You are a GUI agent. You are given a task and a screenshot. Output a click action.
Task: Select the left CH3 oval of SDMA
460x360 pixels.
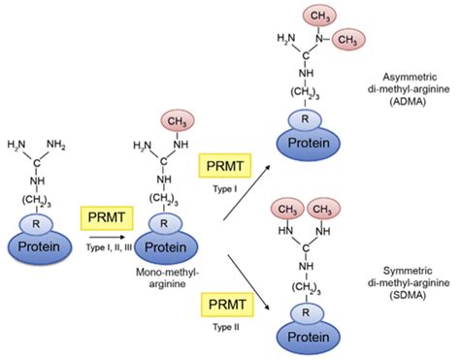(x=285, y=209)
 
